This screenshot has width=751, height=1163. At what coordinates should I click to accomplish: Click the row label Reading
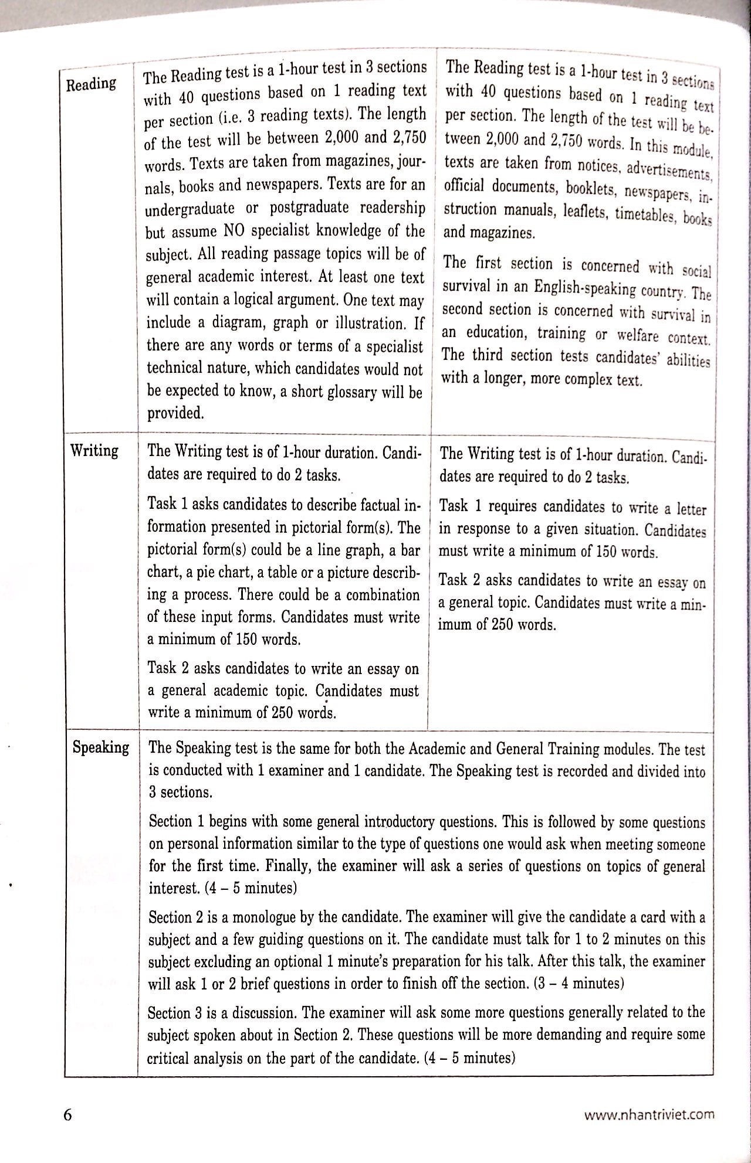91,84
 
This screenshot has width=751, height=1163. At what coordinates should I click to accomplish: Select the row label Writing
94,451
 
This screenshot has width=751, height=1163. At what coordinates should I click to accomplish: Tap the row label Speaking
101,747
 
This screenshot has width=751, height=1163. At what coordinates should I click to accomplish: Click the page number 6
67,1114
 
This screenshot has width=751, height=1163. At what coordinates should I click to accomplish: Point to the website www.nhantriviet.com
649,1114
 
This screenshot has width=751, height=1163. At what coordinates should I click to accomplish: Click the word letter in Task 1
692,509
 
